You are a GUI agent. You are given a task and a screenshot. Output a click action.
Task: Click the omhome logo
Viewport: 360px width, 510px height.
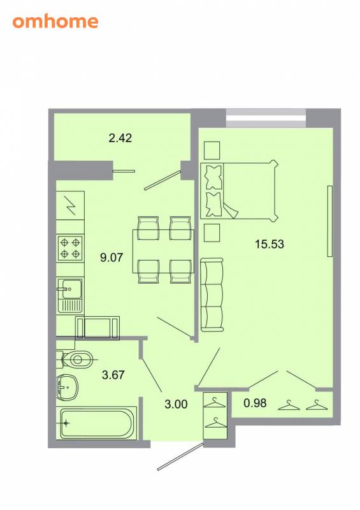pyautogui.click(x=55, y=22)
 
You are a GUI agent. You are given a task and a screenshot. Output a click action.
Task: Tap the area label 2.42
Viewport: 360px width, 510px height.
pyautogui.click(x=120, y=138)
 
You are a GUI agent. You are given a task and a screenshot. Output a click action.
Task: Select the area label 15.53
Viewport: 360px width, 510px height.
pyautogui.click(x=270, y=244)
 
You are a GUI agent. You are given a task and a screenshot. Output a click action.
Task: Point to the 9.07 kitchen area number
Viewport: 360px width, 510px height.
pyautogui.click(x=112, y=258)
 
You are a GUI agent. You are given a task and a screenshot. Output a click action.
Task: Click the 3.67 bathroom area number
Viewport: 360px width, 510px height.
pyautogui.click(x=113, y=375)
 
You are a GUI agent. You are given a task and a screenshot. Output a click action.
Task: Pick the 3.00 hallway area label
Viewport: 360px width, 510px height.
pyautogui.click(x=176, y=404)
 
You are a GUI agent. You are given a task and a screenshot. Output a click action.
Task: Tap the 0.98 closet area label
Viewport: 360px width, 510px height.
pyautogui.click(x=255, y=403)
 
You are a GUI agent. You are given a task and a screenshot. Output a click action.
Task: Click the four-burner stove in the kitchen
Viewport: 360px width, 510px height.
pyautogui.click(x=70, y=248)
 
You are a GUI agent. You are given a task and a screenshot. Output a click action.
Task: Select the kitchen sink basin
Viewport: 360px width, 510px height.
pyautogui.click(x=69, y=289)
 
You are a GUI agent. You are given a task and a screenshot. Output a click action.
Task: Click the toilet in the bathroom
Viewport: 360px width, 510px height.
pyautogui.click(x=75, y=360)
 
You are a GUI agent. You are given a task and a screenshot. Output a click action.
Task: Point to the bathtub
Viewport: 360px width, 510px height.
pyautogui.click(x=97, y=423)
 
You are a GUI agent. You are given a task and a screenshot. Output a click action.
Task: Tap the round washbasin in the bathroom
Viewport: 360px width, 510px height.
pyautogui.click(x=67, y=388)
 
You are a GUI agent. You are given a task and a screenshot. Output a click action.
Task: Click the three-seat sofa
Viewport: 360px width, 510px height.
pyautogui.click(x=212, y=295)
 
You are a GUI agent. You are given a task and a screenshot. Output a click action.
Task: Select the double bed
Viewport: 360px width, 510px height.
pyautogui.click(x=240, y=191)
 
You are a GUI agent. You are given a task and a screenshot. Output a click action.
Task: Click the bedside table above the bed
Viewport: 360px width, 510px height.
pyautogui.click(x=212, y=150)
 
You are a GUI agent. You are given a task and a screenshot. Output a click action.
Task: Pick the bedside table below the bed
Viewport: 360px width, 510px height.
pyautogui.click(x=212, y=233)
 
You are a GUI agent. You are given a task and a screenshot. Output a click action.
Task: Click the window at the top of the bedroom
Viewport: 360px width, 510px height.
pyautogui.click(x=266, y=118)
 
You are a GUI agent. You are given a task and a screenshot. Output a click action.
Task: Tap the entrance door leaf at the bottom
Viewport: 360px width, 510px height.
pyautogui.click(x=180, y=456)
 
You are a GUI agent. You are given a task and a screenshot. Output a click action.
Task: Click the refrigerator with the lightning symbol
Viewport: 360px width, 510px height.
pyautogui.click(x=70, y=205)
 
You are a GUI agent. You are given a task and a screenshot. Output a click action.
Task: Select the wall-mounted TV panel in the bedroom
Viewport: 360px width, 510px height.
pyautogui.click(x=330, y=221)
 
